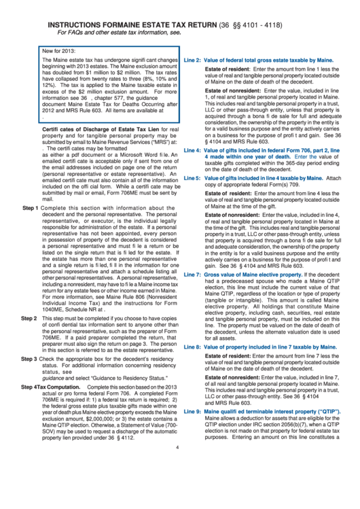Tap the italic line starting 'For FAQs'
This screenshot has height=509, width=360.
pos(128,33)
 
